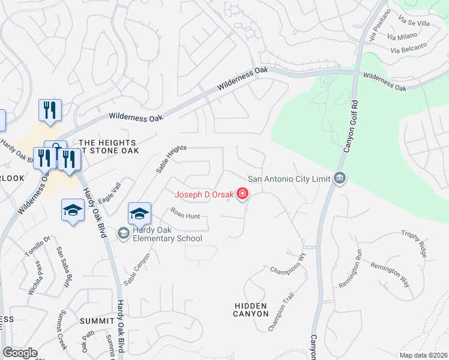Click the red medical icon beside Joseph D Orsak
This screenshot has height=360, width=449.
243,193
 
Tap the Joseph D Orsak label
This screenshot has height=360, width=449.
205,194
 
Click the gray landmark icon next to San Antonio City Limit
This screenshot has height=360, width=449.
340,178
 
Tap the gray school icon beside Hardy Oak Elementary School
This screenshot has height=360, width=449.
124,233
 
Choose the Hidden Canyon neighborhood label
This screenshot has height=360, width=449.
251,310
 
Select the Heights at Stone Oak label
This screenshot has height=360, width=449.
109,146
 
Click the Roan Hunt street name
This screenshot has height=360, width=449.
184,213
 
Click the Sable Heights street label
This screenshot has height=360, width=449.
171,159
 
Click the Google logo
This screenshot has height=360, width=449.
20,353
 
